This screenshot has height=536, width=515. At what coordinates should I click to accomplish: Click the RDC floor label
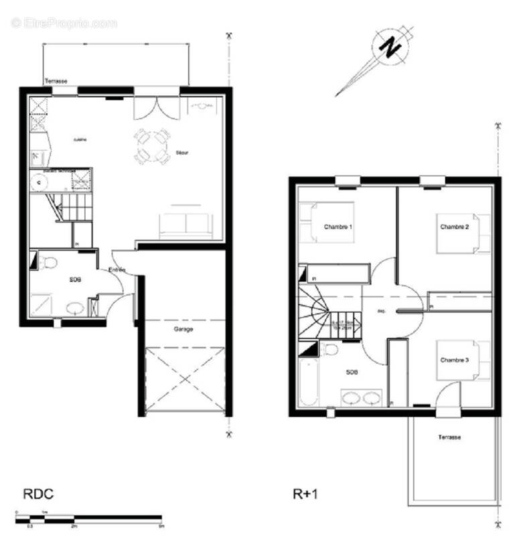tap(38, 495)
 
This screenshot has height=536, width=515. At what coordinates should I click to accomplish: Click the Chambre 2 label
tap(454, 228)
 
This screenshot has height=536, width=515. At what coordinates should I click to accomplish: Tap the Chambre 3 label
tap(454, 360)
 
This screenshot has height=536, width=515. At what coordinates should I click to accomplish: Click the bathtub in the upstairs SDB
tap(309, 382)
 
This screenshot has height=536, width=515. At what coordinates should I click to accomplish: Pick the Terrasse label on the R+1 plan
tap(449, 437)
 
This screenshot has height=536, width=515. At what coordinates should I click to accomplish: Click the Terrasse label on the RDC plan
tap(56, 81)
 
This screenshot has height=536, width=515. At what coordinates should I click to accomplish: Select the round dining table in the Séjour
tap(151, 146)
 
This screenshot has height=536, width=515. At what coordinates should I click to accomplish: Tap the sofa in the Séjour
tap(185, 224)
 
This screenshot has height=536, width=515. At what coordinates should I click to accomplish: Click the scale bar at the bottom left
tap(88, 518)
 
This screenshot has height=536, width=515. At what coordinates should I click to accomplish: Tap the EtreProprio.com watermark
tap(64, 23)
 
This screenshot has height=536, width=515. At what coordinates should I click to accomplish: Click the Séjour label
tap(182, 153)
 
